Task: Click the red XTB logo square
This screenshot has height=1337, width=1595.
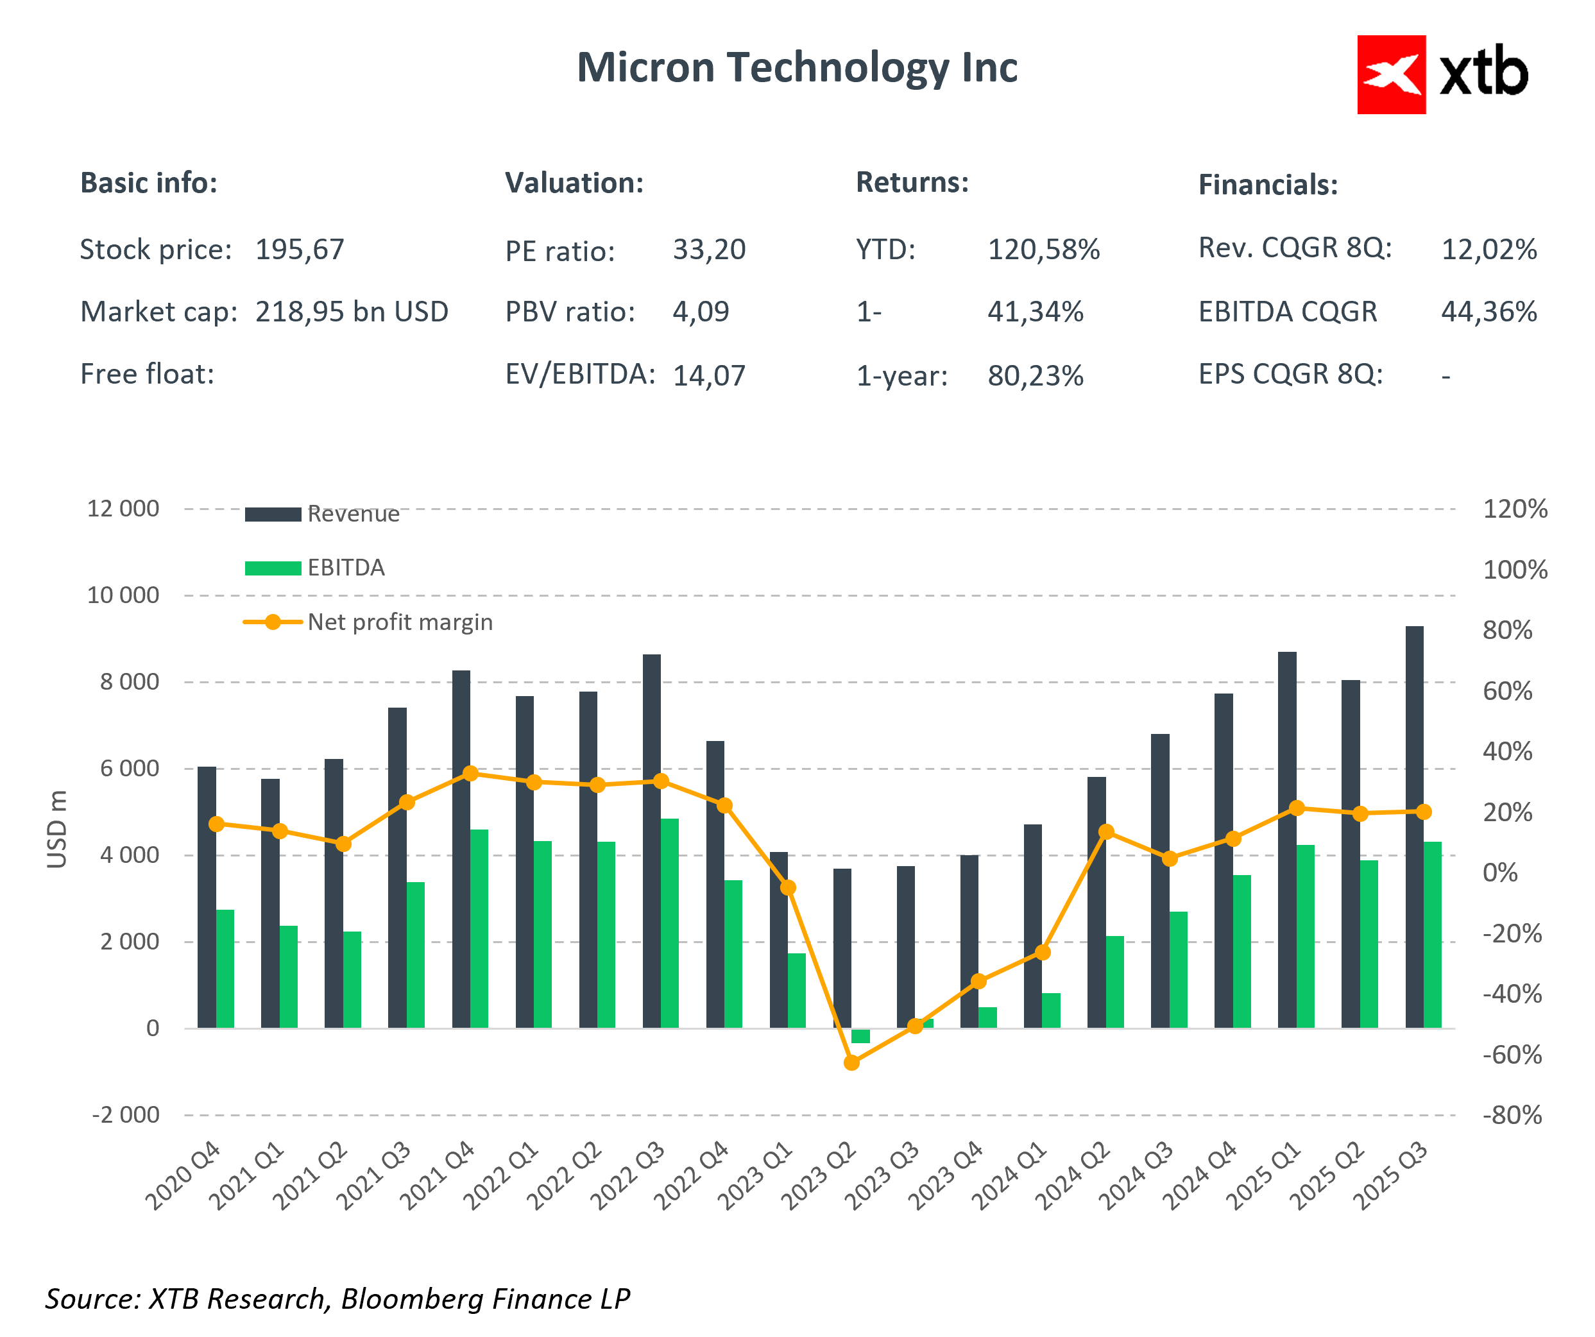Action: point(1391,74)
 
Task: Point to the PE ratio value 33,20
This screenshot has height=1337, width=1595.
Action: point(708,250)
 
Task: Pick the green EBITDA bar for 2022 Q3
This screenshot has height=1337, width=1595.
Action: point(669,923)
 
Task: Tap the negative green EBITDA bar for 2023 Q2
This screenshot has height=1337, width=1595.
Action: point(860,1035)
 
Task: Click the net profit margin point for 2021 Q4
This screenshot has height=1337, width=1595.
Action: point(470,773)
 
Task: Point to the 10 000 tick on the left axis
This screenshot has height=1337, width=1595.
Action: point(123,595)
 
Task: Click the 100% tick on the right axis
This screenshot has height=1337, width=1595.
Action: point(1515,570)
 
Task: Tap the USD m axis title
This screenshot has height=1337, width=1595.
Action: point(57,828)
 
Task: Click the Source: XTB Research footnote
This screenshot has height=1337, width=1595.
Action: point(337,1299)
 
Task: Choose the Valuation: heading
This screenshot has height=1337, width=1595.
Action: point(574,183)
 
